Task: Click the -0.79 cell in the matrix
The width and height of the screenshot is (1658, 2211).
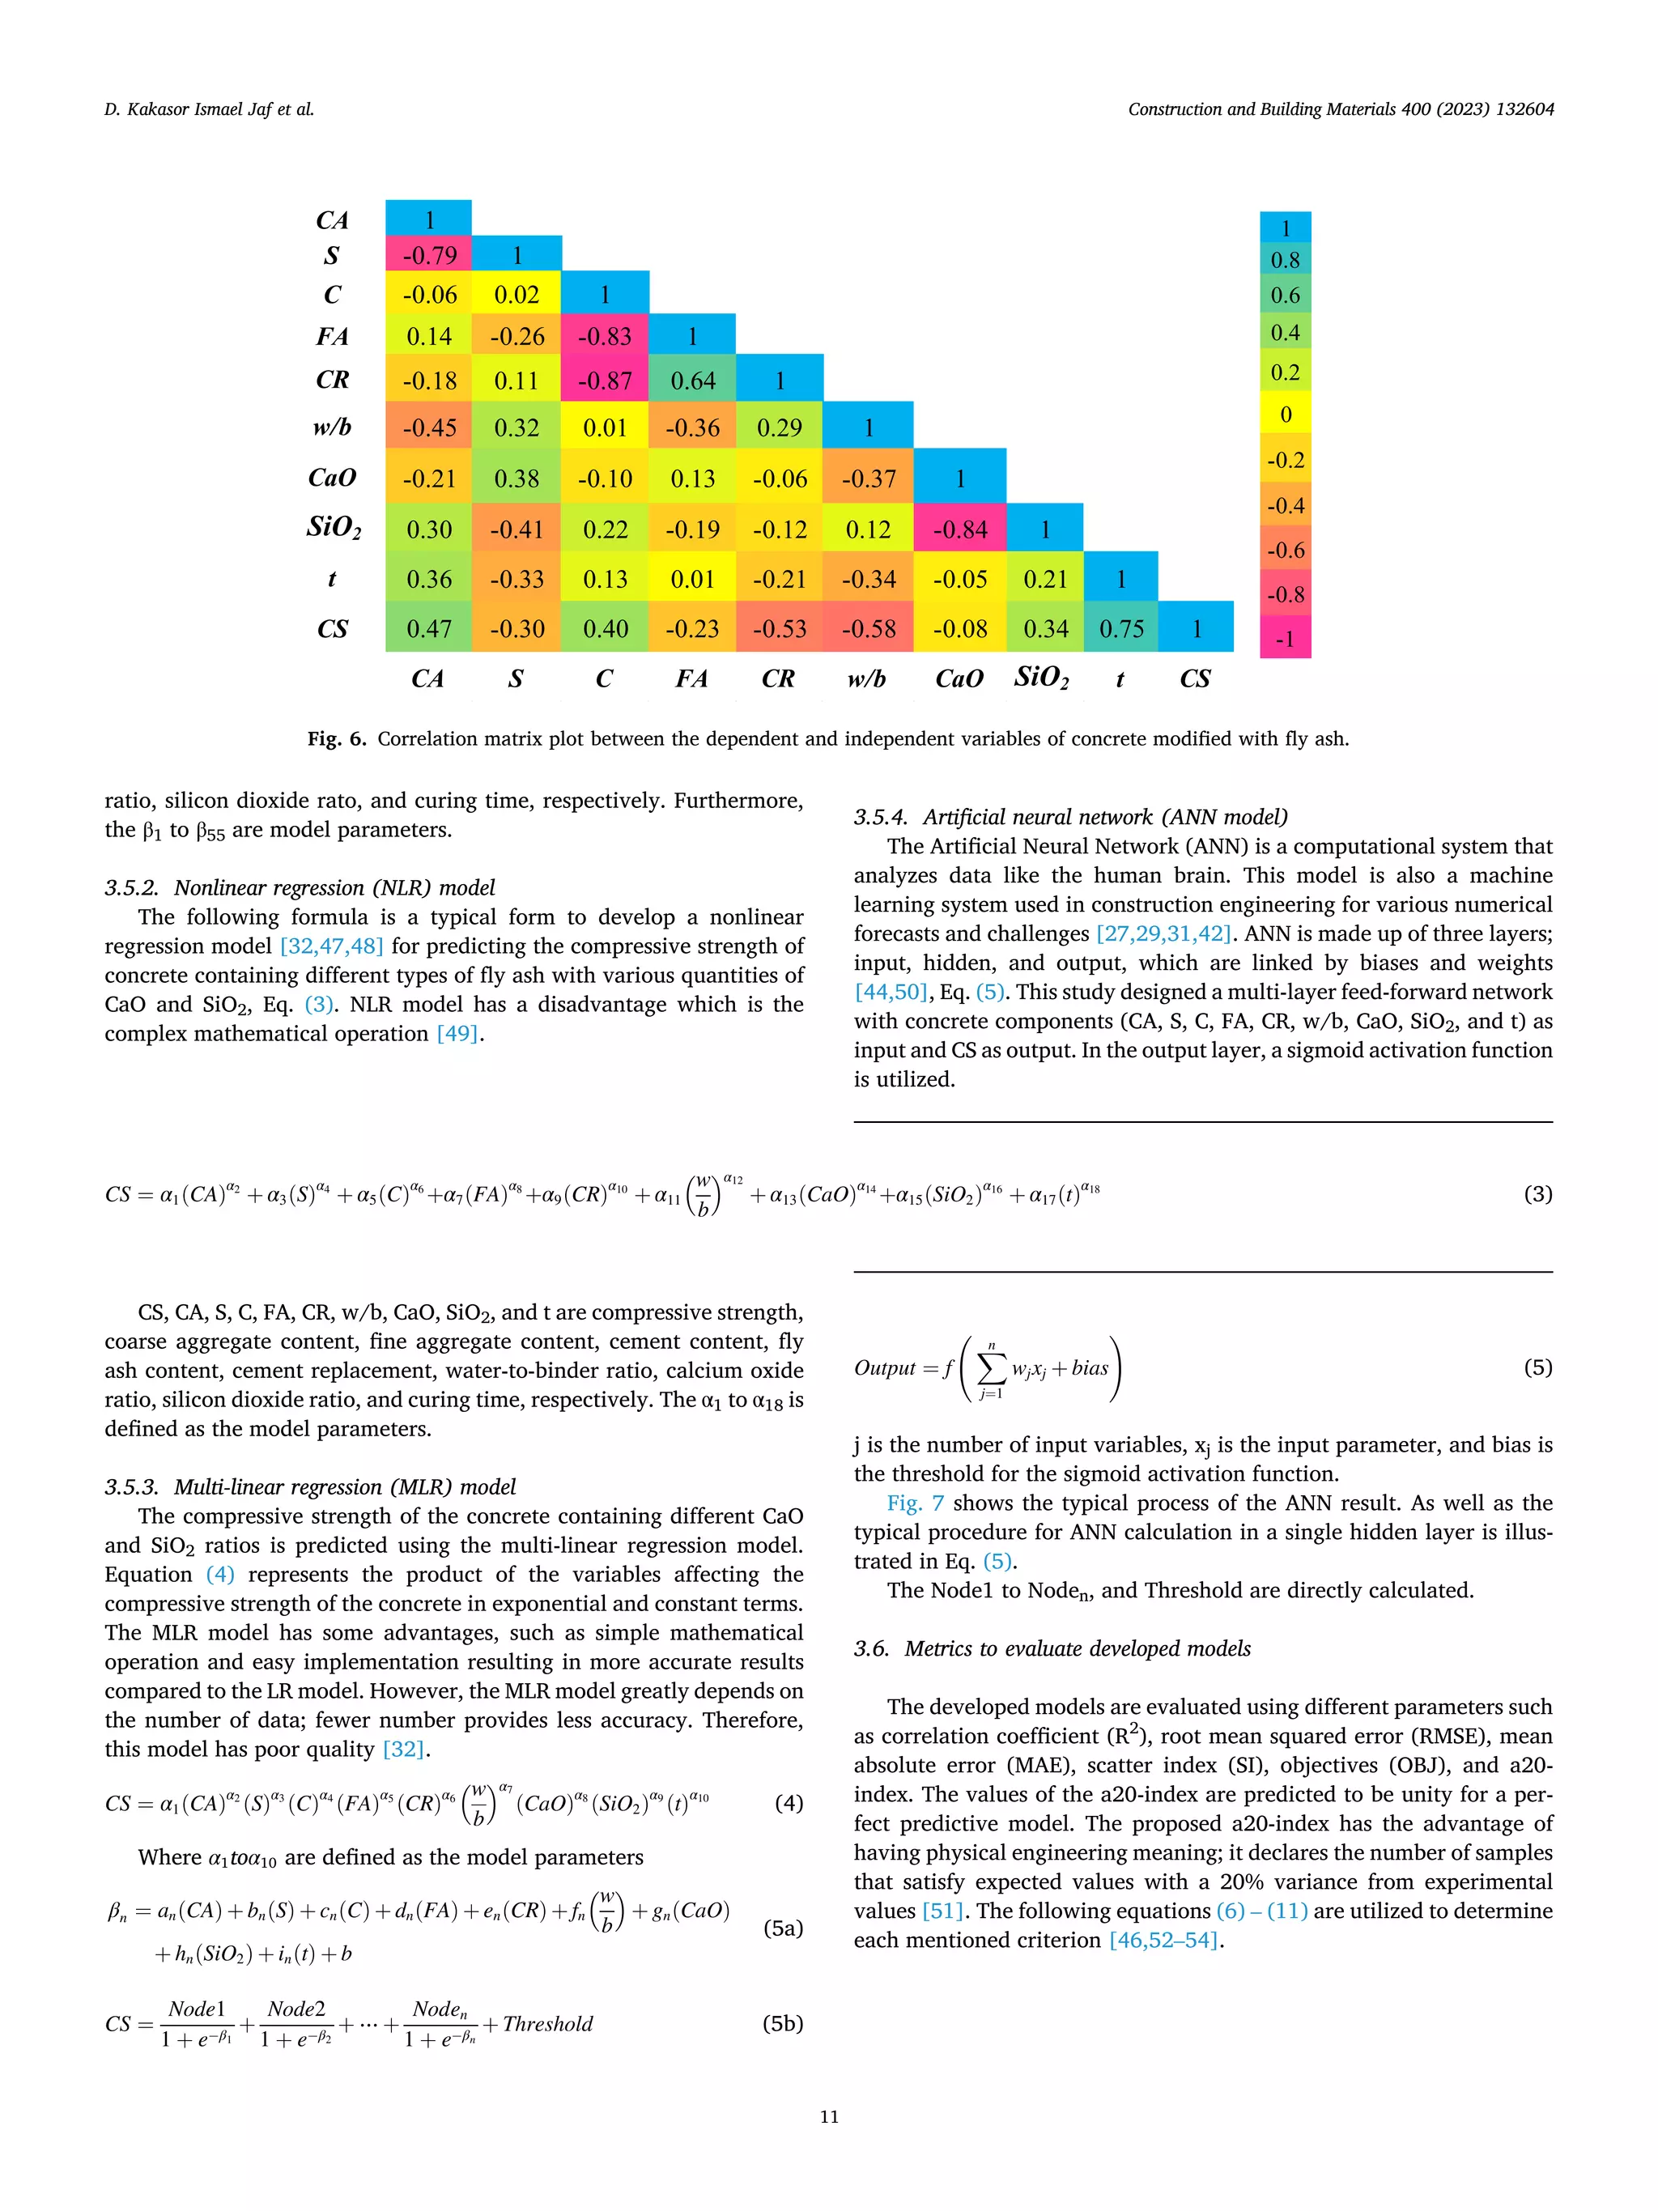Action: pyautogui.click(x=429, y=256)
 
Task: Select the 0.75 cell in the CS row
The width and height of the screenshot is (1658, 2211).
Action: pyautogui.click(x=1121, y=629)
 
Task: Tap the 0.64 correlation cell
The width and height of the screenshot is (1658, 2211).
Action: pyautogui.click(x=692, y=381)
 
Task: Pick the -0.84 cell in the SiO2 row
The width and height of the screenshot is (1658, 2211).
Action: pyautogui.click(x=959, y=529)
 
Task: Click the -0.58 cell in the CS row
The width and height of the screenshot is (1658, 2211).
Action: pyautogui.click(x=868, y=629)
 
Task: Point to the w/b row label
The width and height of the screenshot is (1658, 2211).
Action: pyautogui.click(x=332, y=427)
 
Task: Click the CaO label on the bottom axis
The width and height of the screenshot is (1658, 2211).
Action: pyautogui.click(x=959, y=678)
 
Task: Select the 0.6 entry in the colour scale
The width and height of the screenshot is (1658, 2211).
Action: pyautogui.click(x=1286, y=296)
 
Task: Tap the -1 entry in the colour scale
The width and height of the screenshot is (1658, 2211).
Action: pyautogui.click(x=1286, y=639)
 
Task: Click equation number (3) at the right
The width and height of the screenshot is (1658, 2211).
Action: pyautogui.click(x=1537, y=1193)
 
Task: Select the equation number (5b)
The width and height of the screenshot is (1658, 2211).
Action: pyautogui.click(x=783, y=2023)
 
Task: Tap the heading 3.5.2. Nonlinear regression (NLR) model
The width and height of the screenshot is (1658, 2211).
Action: pyautogui.click(x=300, y=887)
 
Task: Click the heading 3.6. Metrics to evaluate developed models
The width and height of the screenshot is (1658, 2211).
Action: pyautogui.click(x=1052, y=1648)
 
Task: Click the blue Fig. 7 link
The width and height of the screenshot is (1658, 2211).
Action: pyautogui.click(x=915, y=1503)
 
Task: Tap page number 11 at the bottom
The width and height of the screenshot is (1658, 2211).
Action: pyautogui.click(x=828, y=2116)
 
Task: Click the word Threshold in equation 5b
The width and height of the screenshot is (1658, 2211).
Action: pyautogui.click(x=547, y=2024)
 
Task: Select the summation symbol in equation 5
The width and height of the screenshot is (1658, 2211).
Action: pyautogui.click(x=990, y=1368)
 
